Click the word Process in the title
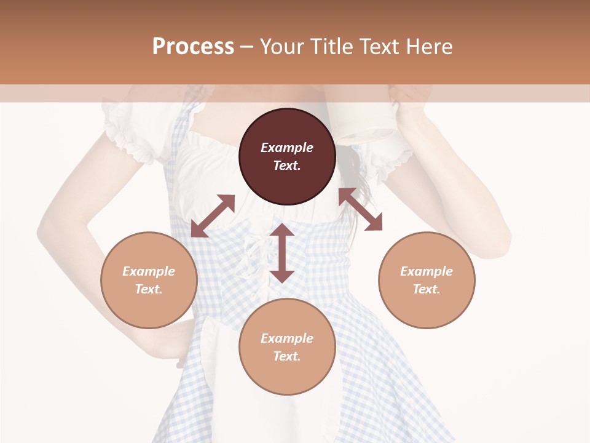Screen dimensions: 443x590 [193, 46]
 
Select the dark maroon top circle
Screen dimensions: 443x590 [287, 156]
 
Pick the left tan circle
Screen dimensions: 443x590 [149, 280]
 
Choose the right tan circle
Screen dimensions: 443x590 [427, 280]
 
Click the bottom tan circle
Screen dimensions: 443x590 [287, 347]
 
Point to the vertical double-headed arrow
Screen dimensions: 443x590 [282, 253]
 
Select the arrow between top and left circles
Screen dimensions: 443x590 [213, 215]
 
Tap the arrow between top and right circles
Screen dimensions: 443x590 [360, 209]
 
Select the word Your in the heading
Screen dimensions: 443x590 [283, 46]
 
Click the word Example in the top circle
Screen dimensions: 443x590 [287, 148]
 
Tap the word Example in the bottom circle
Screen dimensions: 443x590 [287, 338]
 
